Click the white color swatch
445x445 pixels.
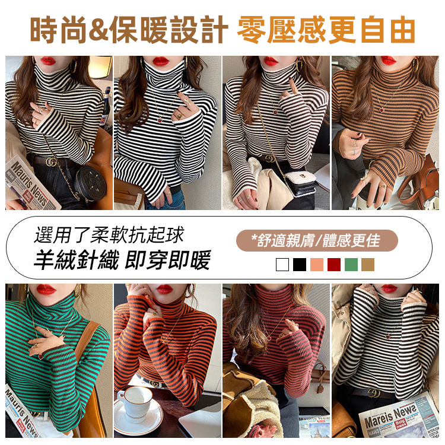[282, 264]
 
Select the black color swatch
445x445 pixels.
[300, 264]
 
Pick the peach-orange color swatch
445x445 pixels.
[317, 264]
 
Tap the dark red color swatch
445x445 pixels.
[334, 264]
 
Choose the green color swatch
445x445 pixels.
[351, 264]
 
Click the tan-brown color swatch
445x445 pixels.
[368, 264]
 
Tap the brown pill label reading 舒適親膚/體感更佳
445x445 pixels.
[316, 240]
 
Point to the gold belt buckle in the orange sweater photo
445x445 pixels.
[156, 384]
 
